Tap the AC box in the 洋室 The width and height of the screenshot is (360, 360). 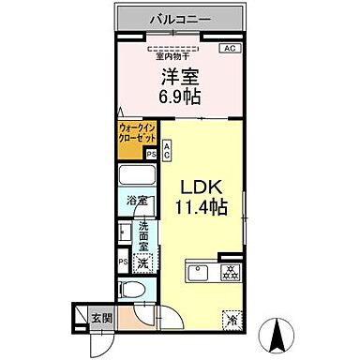[x=228, y=49]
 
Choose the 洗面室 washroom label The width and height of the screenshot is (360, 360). [x=144, y=239]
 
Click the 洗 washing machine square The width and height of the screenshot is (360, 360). [x=142, y=264]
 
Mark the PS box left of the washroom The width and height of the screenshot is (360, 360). [x=122, y=262]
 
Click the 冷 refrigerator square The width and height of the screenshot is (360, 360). [x=231, y=318]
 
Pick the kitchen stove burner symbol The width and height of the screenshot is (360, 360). [x=228, y=273]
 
